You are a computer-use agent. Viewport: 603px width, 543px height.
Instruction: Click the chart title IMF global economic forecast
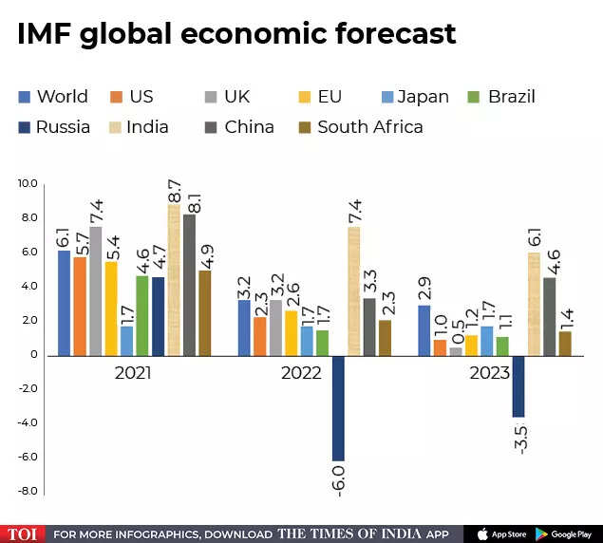pyautogui.click(x=236, y=34)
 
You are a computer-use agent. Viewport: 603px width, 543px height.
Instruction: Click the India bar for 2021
pyautogui.click(x=174, y=280)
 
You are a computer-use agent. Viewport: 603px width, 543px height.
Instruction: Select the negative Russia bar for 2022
pyautogui.click(x=338, y=407)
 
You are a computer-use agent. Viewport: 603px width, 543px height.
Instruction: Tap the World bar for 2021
pyautogui.click(x=65, y=303)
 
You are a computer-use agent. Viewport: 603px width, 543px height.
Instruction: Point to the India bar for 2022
pyautogui.click(x=354, y=291)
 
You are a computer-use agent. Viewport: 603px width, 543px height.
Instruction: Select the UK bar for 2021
pyautogui.click(x=96, y=291)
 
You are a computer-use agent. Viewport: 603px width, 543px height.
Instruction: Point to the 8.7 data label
pyautogui.click(x=175, y=187)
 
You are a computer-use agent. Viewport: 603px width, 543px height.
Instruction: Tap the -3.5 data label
pyautogui.click(x=520, y=437)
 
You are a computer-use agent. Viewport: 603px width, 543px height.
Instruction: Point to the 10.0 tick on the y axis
pyautogui.click(x=28, y=183)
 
